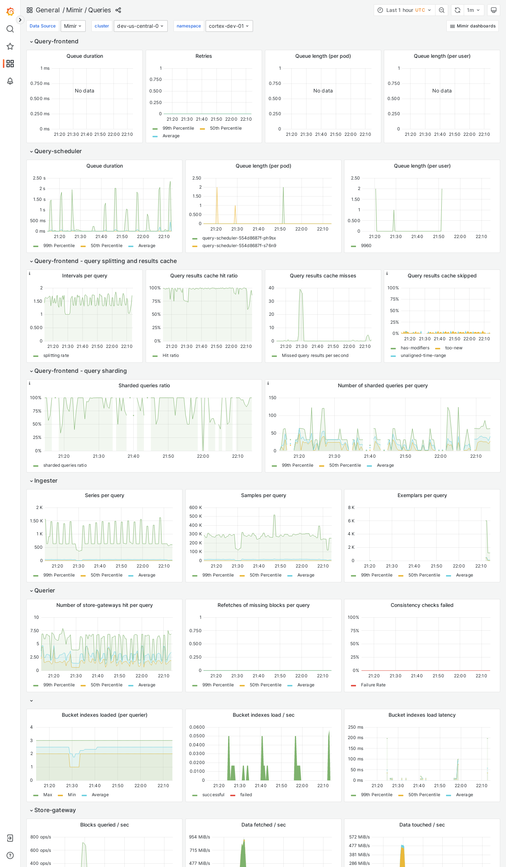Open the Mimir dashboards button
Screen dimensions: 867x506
coord(472,26)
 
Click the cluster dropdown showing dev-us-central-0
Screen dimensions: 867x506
coord(141,26)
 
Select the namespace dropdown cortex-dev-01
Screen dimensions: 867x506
coord(229,26)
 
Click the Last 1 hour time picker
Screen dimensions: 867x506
coord(404,10)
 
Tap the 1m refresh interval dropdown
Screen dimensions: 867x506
coord(473,10)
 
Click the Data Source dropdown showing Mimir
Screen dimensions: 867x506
coord(73,26)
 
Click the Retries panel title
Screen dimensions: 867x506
coord(203,56)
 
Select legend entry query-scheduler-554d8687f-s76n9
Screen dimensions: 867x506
coord(239,246)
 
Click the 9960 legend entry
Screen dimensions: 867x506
coord(366,246)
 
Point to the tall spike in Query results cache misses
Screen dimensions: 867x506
coord(300,291)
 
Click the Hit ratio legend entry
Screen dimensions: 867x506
coord(170,355)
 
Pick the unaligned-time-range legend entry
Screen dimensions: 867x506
coord(423,355)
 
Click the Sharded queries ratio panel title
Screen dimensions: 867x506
coord(144,385)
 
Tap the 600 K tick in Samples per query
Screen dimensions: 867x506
coord(196,508)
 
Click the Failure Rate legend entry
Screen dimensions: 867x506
coord(373,685)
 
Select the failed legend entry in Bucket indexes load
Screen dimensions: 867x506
coord(246,795)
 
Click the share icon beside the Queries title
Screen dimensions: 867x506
coord(118,10)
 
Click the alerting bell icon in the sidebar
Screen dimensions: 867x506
coord(10,81)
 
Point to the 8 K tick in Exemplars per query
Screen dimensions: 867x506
coord(351,508)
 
